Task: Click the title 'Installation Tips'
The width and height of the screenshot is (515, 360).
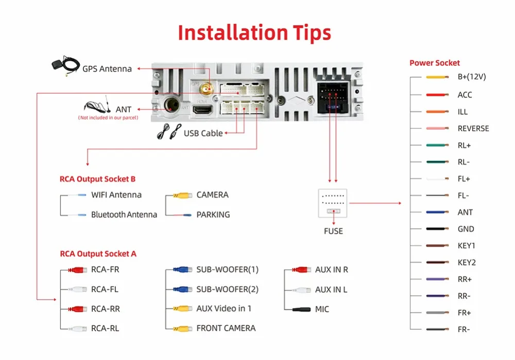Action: click(x=254, y=32)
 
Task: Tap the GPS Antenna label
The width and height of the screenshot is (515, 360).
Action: click(x=107, y=68)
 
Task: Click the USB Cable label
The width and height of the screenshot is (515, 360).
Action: click(x=203, y=133)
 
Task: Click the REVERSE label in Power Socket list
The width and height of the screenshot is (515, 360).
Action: click(x=473, y=128)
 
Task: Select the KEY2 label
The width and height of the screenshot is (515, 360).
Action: click(x=467, y=263)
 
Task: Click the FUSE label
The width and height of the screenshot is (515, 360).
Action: click(x=333, y=231)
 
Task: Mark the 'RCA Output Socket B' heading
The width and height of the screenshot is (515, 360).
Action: click(x=97, y=179)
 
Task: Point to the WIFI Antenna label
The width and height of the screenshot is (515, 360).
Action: click(x=116, y=195)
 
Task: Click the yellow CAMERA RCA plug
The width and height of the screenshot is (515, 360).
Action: click(x=182, y=196)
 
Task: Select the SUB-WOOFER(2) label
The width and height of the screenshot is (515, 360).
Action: click(x=227, y=289)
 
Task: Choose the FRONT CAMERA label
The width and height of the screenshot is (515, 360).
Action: click(x=226, y=328)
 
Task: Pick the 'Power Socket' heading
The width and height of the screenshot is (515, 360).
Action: click(x=435, y=63)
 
